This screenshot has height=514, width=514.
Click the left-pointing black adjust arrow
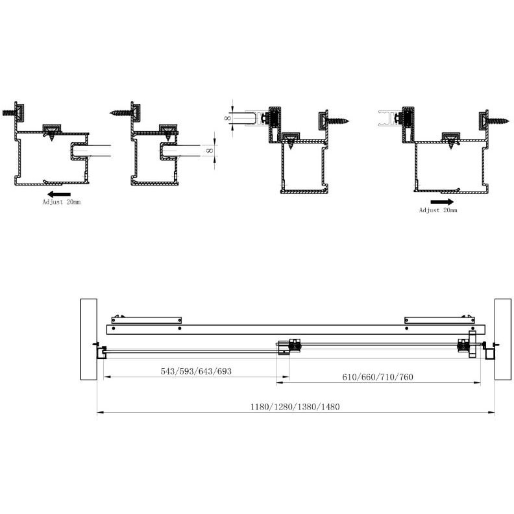click(x=58, y=193)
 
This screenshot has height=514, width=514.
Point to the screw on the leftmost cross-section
click(x=8, y=112)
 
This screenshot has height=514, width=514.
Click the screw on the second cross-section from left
click(x=119, y=112)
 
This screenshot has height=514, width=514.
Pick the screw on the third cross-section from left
click(x=338, y=119)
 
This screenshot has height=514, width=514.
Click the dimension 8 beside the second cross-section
click(x=208, y=151)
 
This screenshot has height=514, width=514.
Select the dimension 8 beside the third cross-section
click(x=226, y=119)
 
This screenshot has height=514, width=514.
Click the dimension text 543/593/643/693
click(x=196, y=372)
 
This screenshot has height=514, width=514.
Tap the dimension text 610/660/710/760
click(x=379, y=377)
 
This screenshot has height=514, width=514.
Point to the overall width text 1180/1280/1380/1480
click(x=295, y=407)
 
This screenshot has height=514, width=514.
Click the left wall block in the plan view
click(x=88, y=339)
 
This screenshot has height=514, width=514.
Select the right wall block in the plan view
click(x=502, y=339)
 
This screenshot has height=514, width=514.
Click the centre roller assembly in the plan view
click(x=289, y=347)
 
